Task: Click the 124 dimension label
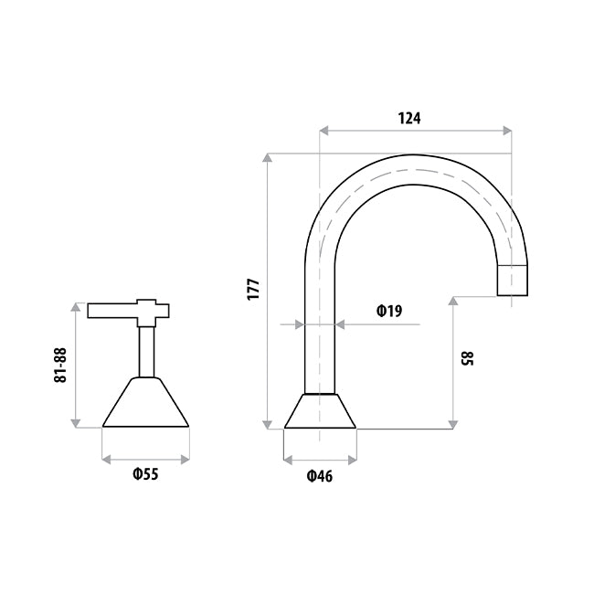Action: point(409,119)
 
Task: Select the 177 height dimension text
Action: point(253,290)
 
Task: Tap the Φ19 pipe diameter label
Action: point(389,311)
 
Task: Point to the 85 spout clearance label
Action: point(467,358)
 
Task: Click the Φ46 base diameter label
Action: point(319,476)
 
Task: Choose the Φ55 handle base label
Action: point(145,474)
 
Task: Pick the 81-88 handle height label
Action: point(60,366)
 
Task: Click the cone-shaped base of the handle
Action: point(146,402)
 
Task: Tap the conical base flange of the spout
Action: point(320,411)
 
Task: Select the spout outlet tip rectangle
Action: point(512,281)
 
